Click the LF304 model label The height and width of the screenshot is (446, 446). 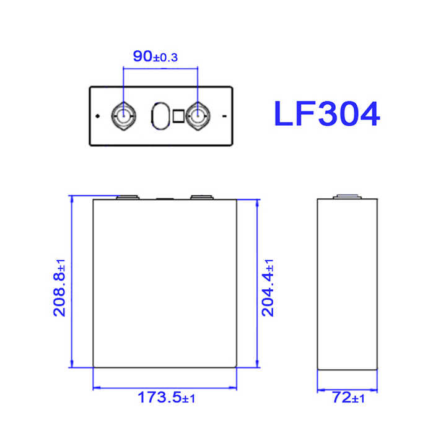pos(326,114)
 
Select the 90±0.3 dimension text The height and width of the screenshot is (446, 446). pos(155,56)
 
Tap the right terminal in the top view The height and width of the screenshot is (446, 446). pos(199,115)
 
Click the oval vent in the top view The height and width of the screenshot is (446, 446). pos(161,116)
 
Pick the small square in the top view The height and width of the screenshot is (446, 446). pos(178,116)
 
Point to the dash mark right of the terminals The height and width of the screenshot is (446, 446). pos(224,116)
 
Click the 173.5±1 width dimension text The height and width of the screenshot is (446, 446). pos(166,398)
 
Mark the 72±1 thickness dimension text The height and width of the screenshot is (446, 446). pos(346,398)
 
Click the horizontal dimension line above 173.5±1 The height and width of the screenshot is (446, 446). pos(165,388)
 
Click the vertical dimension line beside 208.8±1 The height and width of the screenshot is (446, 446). pos(72,282)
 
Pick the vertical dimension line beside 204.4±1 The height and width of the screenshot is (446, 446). pos(256,282)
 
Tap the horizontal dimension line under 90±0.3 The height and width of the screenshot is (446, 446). pos(160,69)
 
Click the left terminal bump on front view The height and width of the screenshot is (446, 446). pos(129,198)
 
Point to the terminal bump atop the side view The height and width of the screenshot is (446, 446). pos(347,198)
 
